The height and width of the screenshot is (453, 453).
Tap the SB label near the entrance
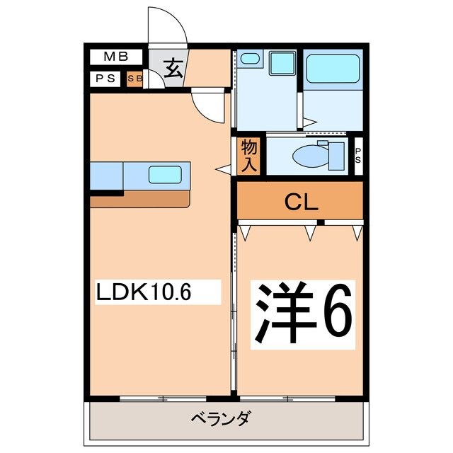click(134, 79)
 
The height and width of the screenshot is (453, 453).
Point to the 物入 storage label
click(248, 155)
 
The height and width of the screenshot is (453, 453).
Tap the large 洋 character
click(278, 314)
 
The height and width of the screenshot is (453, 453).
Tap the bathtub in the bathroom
click(332, 69)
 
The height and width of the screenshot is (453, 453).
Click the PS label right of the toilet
click(357, 155)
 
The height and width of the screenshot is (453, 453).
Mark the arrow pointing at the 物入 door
click(223, 168)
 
